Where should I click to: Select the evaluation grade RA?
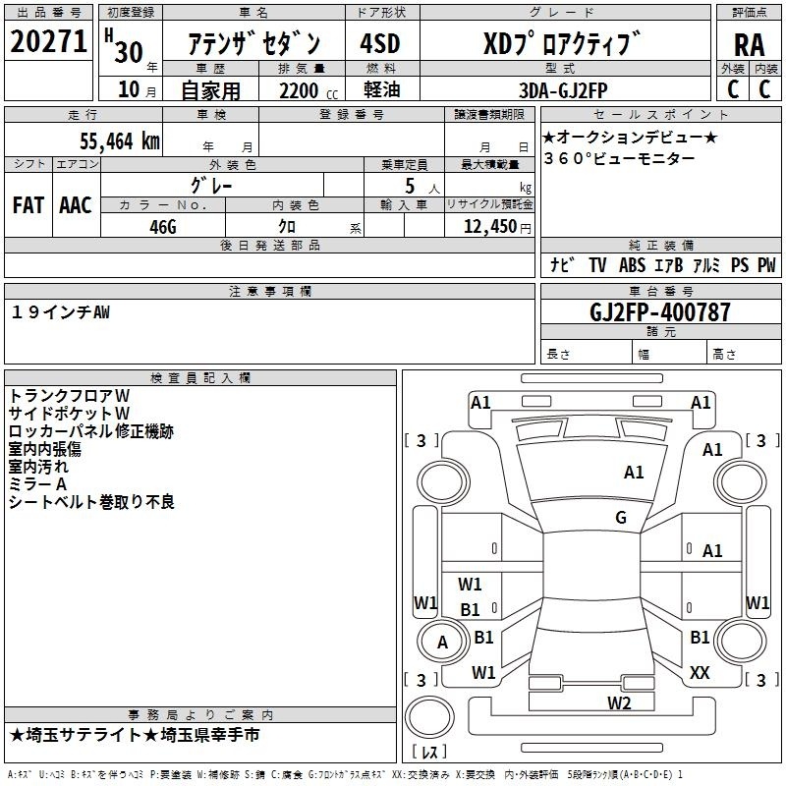pos(748,44)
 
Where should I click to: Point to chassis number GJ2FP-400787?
pos(659,312)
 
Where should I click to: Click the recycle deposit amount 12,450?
pos(489,225)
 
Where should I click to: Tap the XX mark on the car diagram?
pos(700,672)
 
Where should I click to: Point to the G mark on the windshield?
pos(620,518)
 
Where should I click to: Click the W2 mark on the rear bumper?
pos(618,702)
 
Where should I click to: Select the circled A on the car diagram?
pos(442,643)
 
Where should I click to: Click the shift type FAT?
pos(28,204)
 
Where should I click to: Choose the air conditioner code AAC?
pos(75,204)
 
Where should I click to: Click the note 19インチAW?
pos(61,311)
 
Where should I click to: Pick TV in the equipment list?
pos(597,265)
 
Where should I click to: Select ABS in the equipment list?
pos(632,265)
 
